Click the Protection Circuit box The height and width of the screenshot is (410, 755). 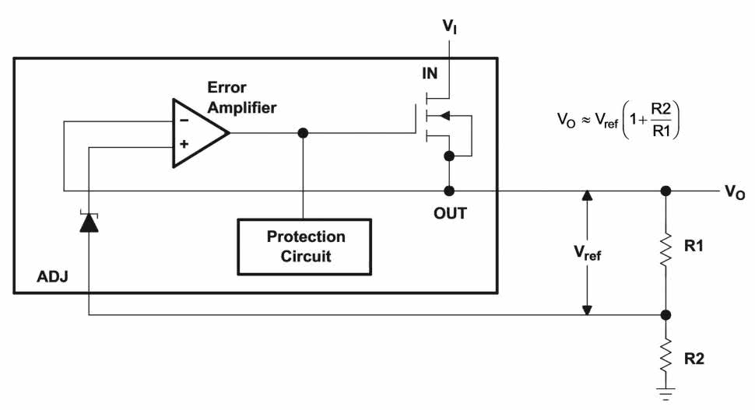point(304,246)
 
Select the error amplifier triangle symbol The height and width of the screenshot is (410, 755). point(198,133)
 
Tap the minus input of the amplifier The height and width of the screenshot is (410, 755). point(184,121)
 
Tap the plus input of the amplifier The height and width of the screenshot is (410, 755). point(184,145)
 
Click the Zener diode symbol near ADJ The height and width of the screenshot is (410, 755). point(89,223)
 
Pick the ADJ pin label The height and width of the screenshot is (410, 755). point(51,276)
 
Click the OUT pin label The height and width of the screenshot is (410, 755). point(450,213)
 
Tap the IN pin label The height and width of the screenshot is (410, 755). point(430,74)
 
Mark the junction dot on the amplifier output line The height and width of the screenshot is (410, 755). point(304,133)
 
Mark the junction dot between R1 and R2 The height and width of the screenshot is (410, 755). point(665,315)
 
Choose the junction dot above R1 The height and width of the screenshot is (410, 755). point(665,191)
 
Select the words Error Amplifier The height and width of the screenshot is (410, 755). point(241,98)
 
